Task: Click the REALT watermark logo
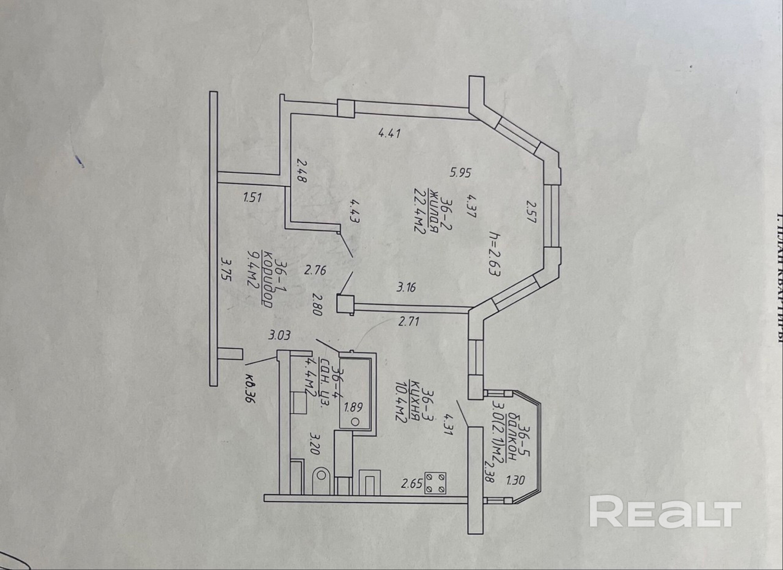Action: (x=665, y=511)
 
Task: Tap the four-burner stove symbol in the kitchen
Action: (x=435, y=483)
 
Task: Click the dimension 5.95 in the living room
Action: (x=461, y=173)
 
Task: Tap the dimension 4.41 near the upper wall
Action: (x=389, y=133)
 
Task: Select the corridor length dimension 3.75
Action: (x=226, y=268)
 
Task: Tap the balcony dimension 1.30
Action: (x=515, y=480)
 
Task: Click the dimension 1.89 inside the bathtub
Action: (x=353, y=408)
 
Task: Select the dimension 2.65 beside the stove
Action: (x=412, y=484)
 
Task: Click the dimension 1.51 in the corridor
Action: (x=252, y=197)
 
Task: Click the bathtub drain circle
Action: (x=356, y=422)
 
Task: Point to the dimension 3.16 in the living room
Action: (x=406, y=288)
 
